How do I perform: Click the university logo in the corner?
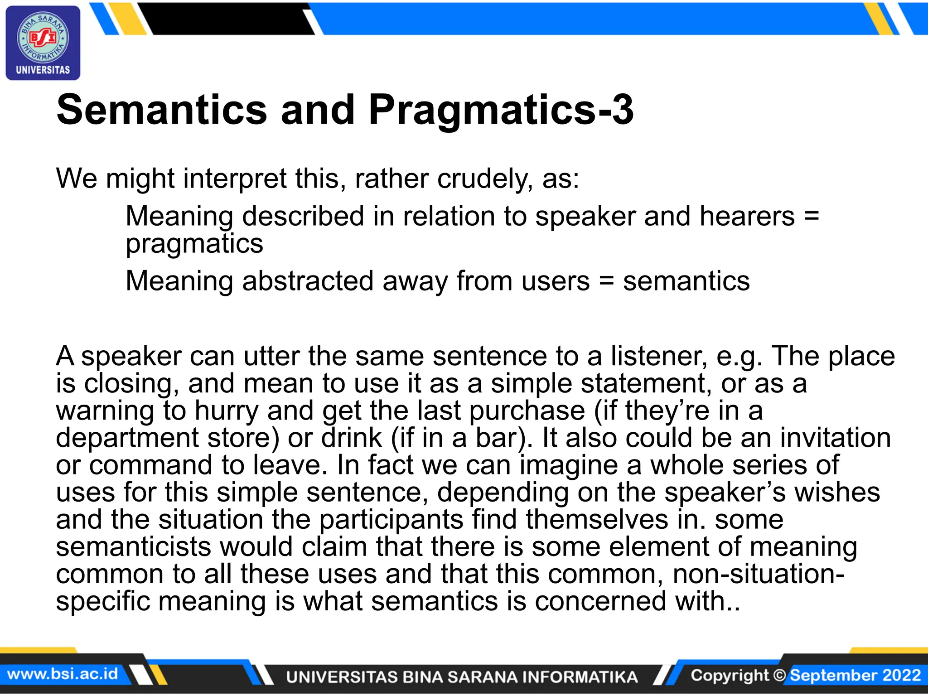point(43,43)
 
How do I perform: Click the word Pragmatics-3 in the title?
point(501,110)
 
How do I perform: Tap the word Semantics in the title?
point(162,110)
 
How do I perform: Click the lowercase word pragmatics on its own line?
point(194,244)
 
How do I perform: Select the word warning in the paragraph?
point(105,411)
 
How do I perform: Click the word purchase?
point(527,411)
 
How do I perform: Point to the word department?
point(127,438)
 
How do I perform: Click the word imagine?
point(569,465)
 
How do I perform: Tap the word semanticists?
point(133,547)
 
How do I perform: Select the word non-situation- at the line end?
point(759,574)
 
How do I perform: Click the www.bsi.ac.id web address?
point(63,674)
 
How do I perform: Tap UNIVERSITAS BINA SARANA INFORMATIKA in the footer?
point(462,677)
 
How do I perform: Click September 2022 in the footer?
point(855,675)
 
